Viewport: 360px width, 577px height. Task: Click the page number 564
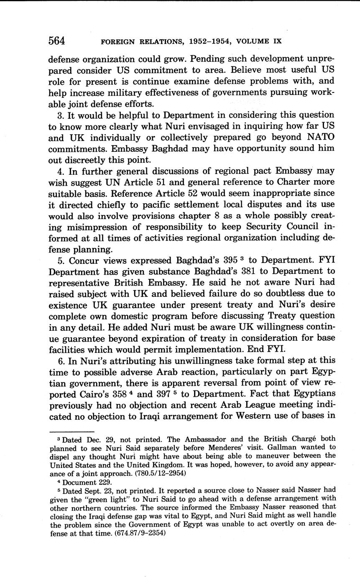(56, 41)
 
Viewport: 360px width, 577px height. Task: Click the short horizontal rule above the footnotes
(71, 431)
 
